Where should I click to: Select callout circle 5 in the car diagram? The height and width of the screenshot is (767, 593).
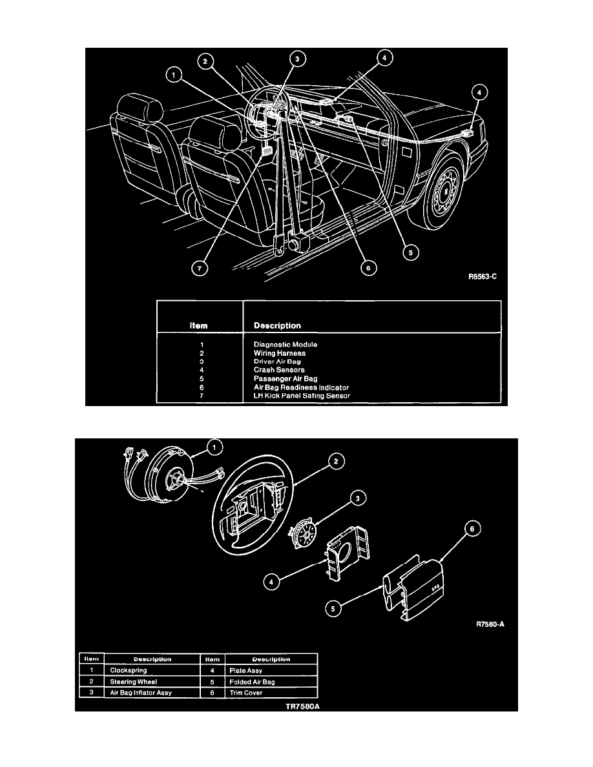(408, 252)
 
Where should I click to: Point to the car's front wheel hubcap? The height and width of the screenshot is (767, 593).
(444, 191)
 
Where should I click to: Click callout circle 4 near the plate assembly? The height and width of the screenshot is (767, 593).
(275, 582)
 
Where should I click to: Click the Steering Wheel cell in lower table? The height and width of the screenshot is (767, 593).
(133, 681)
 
